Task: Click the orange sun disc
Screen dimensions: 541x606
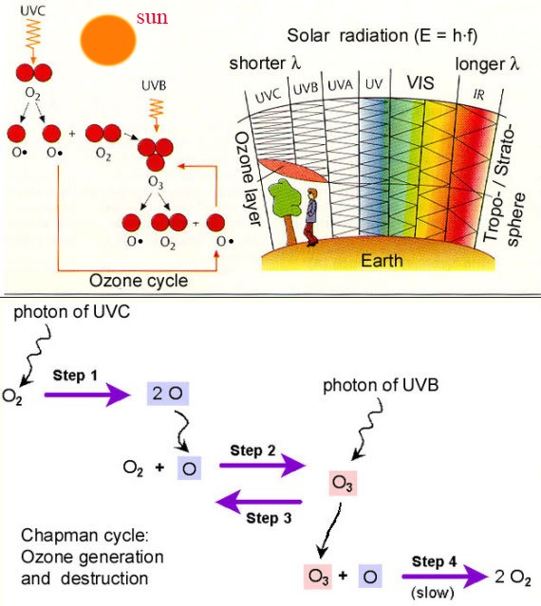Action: point(108,40)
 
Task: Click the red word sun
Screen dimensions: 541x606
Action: point(152,18)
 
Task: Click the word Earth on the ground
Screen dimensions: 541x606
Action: point(382,261)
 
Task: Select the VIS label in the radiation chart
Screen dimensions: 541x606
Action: point(420,83)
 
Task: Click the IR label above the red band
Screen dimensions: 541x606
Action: point(478,95)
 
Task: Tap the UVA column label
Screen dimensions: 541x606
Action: point(341,85)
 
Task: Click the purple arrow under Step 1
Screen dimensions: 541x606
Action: point(87,395)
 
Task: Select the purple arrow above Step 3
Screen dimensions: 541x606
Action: point(259,502)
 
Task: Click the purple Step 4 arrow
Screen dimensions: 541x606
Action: point(445,577)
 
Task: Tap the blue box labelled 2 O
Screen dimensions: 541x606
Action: point(167,394)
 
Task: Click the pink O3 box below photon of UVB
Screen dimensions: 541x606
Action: point(343,483)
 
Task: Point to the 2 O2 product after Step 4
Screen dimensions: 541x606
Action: point(513,577)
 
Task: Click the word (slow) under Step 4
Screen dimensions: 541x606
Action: point(433,592)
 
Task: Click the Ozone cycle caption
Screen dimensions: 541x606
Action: point(139,281)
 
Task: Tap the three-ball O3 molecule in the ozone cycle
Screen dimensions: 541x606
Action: point(156,154)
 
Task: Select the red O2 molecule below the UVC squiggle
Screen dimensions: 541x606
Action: point(33,73)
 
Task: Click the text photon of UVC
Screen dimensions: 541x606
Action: point(71,312)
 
